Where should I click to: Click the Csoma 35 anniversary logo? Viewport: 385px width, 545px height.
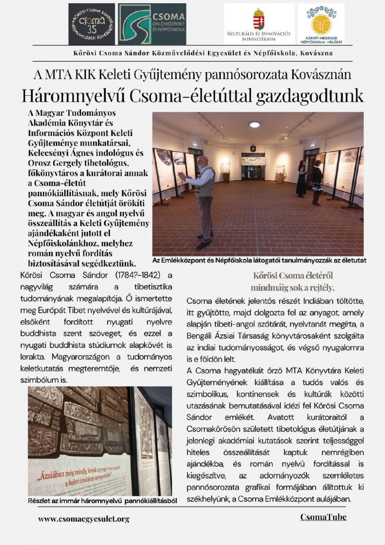[x=91, y=24]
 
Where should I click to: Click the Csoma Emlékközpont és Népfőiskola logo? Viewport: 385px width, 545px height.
[x=152, y=24]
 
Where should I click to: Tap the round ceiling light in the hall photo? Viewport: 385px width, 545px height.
[x=255, y=124]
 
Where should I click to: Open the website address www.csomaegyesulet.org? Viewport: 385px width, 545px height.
[x=84, y=519]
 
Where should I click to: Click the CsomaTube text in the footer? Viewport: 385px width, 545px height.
[x=323, y=517]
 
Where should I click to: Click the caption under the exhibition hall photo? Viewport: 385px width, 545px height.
[x=259, y=261]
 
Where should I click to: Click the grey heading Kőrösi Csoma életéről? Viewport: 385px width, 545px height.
[x=293, y=277]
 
